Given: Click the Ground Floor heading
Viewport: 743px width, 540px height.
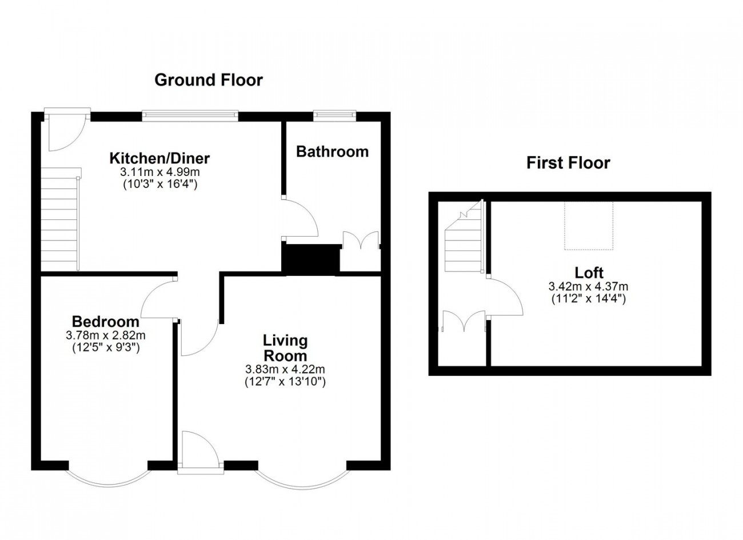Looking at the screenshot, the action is (x=209, y=80).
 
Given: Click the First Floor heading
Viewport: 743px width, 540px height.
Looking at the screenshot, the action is (x=568, y=163).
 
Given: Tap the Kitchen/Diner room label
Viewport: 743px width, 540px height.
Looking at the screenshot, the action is (x=159, y=158).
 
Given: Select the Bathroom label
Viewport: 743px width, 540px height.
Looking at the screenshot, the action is (x=333, y=151).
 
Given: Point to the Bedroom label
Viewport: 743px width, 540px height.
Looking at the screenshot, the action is (x=106, y=322).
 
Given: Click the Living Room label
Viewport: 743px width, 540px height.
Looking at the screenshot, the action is (x=285, y=348).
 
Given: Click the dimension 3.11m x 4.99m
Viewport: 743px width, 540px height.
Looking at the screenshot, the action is (x=160, y=172).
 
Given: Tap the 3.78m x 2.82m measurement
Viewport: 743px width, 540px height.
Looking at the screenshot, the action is (x=106, y=335).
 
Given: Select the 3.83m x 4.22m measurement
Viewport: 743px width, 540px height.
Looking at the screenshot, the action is (x=285, y=369).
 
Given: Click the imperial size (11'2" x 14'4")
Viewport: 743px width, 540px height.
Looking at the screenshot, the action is (x=589, y=299).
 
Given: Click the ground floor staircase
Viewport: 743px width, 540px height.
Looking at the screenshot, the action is (x=61, y=219).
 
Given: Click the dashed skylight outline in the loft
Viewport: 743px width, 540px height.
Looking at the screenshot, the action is (x=589, y=226).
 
